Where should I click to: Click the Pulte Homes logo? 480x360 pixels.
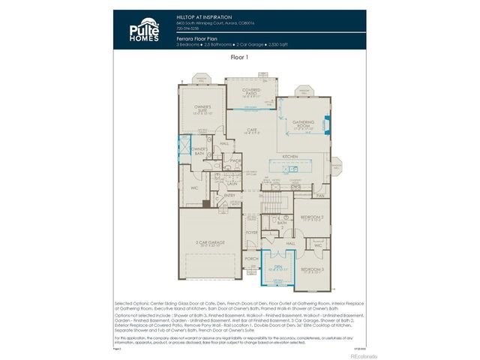[x=142, y=27]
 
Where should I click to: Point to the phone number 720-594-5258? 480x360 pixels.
[x=187, y=29]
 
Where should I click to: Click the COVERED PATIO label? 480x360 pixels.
[x=250, y=91]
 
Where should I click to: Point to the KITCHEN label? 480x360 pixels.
[x=291, y=157]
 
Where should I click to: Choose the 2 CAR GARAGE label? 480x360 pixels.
[x=207, y=242]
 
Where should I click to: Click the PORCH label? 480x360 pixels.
[x=250, y=259]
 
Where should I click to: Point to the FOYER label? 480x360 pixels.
[x=250, y=232]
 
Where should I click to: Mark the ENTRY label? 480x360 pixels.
[x=229, y=195]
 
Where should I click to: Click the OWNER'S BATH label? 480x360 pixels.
[x=199, y=150]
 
